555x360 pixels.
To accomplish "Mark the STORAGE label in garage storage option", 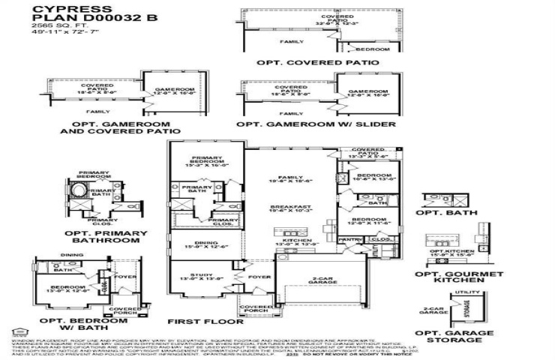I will pos(466,307).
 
